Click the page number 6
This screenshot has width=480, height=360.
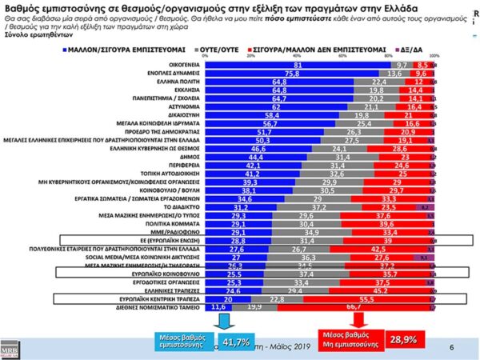(x=452, y=348)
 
